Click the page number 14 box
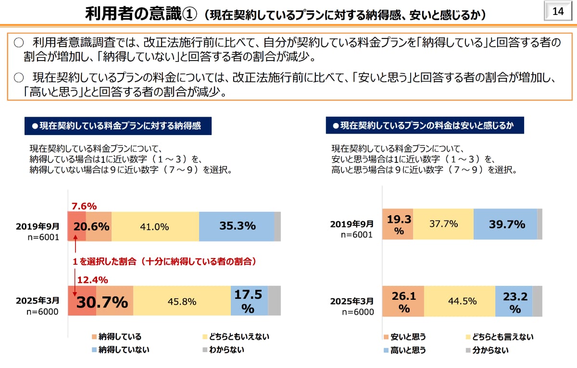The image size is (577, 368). click(558, 12)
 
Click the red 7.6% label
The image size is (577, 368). click(84, 206)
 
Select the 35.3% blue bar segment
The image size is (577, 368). click(237, 226)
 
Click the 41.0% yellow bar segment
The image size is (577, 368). click(154, 226)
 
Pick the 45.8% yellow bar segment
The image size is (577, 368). click(182, 302)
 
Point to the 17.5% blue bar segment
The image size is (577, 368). click(249, 301)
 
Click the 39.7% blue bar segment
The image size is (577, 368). click(505, 224)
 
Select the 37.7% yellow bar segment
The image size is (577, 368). click(443, 224)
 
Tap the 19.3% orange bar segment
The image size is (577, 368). click(398, 224)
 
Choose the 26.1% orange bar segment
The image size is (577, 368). click(403, 301)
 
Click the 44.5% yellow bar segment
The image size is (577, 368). click(459, 301)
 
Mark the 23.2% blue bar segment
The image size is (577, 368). click(514, 301)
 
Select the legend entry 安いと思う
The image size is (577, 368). click(404, 337)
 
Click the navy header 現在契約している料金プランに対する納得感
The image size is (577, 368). click(118, 126)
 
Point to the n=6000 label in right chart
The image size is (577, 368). click(357, 312)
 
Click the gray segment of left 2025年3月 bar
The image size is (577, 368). click(274, 301)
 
